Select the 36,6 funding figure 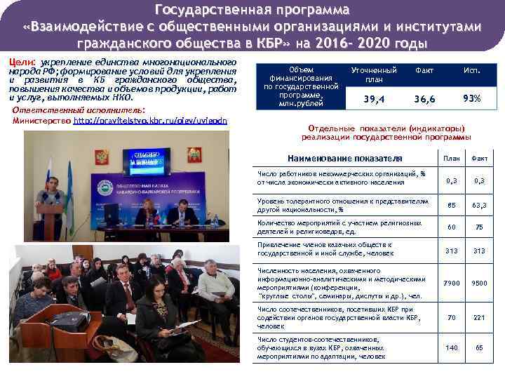424,100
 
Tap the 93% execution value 471,99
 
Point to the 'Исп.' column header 471,71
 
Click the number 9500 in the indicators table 480,283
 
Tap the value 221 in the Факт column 480,317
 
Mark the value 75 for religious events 480,227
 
